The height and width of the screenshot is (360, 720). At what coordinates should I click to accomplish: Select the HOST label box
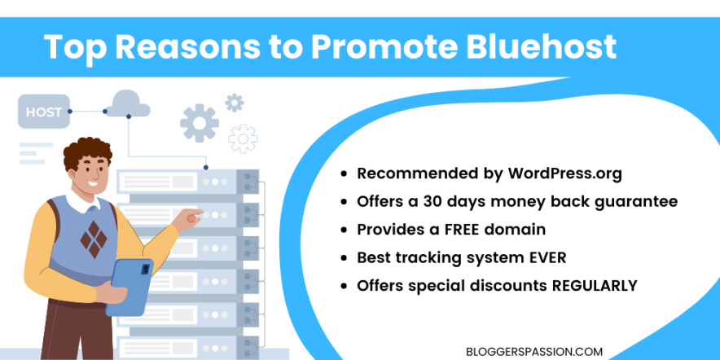point(43,112)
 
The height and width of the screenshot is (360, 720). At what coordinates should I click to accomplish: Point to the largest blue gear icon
point(200,123)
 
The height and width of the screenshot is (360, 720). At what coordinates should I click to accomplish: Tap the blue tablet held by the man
point(130,286)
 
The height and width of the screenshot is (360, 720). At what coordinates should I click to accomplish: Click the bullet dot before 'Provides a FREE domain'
point(346,230)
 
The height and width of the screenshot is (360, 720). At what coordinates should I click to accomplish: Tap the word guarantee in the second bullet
point(636,200)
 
